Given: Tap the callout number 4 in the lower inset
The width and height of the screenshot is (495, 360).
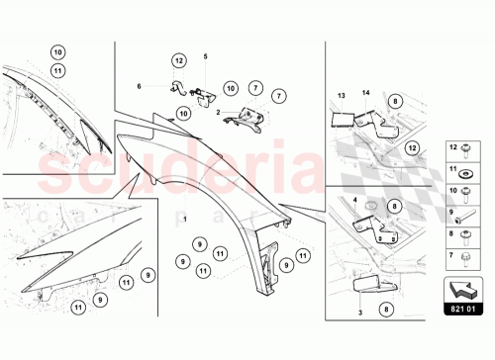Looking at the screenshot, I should (352, 200).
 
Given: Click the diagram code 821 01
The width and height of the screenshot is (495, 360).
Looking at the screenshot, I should (461, 310).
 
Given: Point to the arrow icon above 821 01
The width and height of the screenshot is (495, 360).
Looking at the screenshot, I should (461, 290).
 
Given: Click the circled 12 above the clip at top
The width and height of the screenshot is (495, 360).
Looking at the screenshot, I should (178, 61).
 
